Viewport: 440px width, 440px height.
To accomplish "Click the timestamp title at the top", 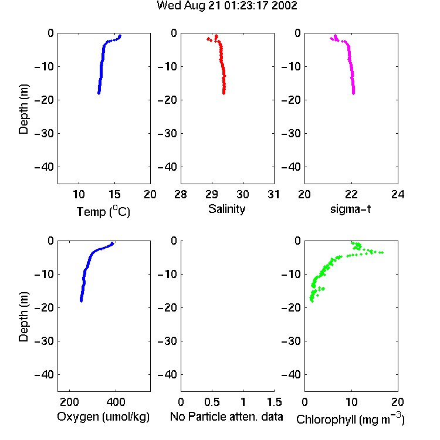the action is pyautogui.click(x=226, y=6).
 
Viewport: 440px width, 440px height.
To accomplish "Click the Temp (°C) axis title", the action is pyautogui.click(x=103, y=211).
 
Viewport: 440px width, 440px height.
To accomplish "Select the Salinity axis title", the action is pyautogui.click(x=226, y=209).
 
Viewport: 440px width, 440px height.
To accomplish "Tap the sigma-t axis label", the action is pyautogui.click(x=350, y=209).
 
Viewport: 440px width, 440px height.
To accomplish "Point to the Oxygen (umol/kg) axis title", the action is pyautogui.click(x=103, y=417).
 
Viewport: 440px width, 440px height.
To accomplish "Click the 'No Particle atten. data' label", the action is pyautogui.click(x=226, y=417).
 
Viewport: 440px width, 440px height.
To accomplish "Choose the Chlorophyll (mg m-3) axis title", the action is pyautogui.click(x=350, y=419).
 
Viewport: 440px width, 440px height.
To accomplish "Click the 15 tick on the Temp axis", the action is pyautogui.click(x=114, y=194).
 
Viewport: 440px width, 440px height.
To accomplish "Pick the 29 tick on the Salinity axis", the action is pyautogui.click(x=212, y=194).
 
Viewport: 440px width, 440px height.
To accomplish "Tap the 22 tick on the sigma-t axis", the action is pyautogui.click(x=351, y=194).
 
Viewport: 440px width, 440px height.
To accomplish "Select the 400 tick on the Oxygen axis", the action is pyautogui.click(x=116, y=402).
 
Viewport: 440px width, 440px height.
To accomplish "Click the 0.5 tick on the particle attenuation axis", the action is pyautogui.click(x=212, y=402).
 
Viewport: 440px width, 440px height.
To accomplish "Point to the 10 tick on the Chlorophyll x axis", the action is pyautogui.click(x=351, y=402).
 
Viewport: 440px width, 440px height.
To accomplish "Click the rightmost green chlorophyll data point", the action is pyautogui.click(x=381, y=252).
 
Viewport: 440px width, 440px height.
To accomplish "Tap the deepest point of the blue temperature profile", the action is pyautogui.click(x=99, y=93).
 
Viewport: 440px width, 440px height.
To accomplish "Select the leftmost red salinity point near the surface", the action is pyautogui.click(x=208, y=39).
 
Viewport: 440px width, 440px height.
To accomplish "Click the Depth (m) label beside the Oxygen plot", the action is pyautogui.click(x=23, y=317).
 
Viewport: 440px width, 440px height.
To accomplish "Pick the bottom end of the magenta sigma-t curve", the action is pyautogui.click(x=353, y=93).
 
